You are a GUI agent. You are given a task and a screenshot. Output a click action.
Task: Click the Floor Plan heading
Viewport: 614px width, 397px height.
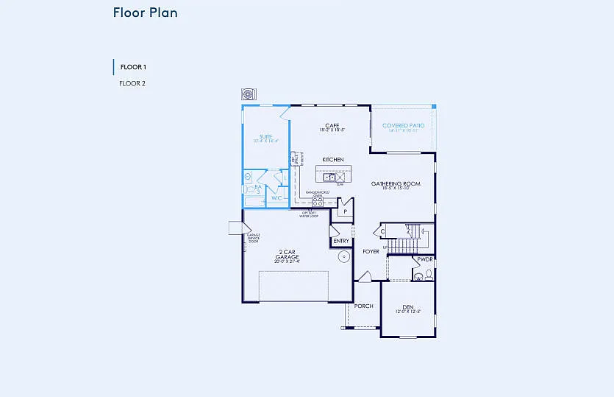[x=145, y=13]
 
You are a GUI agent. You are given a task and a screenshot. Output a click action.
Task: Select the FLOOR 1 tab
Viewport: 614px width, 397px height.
[x=133, y=67]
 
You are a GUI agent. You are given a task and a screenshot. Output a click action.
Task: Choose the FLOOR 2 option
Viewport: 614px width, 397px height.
[x=132, y=83]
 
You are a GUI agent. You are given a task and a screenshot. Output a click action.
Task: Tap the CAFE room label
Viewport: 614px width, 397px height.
[x=332, y=125]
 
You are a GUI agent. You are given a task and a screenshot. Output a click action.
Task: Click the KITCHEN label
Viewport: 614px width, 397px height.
[x=333, y=159]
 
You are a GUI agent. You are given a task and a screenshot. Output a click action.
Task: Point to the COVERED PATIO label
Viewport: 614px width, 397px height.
[x=403, y=126]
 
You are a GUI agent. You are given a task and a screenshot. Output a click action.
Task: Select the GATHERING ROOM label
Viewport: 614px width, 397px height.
[x=396, y=183]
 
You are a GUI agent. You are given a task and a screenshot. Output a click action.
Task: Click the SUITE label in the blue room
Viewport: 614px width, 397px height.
[x=265, y=137]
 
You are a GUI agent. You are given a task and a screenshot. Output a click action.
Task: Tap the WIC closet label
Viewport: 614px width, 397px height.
[x=276, y=197]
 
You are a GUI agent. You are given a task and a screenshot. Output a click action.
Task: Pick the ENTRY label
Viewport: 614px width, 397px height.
[x=341, y=241]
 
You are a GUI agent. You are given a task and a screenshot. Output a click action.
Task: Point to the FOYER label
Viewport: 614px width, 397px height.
[x=371, y=251]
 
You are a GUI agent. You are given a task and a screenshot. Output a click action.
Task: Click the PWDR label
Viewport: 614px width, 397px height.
[x=424, y=259]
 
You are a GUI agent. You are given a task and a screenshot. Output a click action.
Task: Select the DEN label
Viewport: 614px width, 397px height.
[x=407, y=307]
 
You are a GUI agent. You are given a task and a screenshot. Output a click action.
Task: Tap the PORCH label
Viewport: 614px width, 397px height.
[x=364, y=306]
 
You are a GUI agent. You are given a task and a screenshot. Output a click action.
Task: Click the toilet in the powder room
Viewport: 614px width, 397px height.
[x=419, y=277]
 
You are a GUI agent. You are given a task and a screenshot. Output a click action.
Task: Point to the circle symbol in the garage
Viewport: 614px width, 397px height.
[x=343, y=257]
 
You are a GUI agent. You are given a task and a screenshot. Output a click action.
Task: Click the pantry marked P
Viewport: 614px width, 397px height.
[x=344, y=211]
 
